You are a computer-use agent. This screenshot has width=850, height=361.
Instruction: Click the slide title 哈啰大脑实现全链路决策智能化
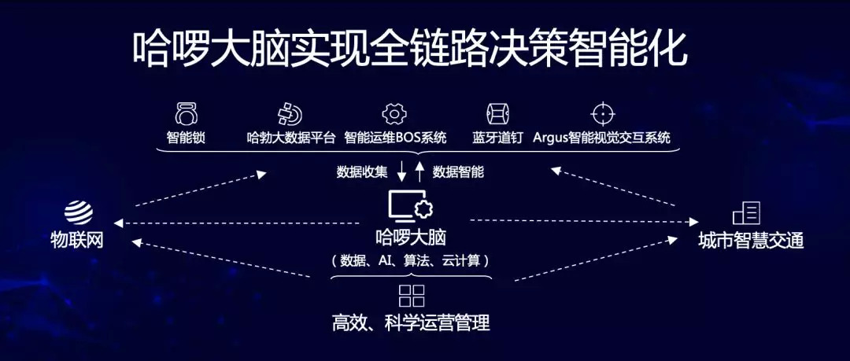409,50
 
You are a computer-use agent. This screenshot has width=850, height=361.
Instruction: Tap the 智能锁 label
187,138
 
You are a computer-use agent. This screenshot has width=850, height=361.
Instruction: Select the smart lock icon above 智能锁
187,113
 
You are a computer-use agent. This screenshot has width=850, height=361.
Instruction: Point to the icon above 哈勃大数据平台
289,113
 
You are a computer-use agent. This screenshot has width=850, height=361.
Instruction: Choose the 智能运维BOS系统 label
395,138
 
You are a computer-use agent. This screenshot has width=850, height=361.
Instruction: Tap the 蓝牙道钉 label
495,138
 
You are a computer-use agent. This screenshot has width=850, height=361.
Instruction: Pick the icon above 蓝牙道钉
495,113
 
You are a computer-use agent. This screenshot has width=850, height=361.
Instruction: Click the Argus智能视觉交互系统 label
601,138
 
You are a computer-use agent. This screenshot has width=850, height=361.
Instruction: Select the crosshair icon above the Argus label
602,113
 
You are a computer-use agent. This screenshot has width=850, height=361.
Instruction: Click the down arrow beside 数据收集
401,170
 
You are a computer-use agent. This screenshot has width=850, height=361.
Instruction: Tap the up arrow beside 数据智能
420,170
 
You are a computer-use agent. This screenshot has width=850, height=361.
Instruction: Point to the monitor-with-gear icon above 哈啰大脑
410,207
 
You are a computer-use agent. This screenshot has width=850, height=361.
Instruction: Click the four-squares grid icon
412,296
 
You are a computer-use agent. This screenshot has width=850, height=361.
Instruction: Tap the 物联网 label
77,239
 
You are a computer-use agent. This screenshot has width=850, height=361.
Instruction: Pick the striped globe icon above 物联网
79,212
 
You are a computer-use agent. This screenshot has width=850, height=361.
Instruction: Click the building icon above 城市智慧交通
746,213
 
